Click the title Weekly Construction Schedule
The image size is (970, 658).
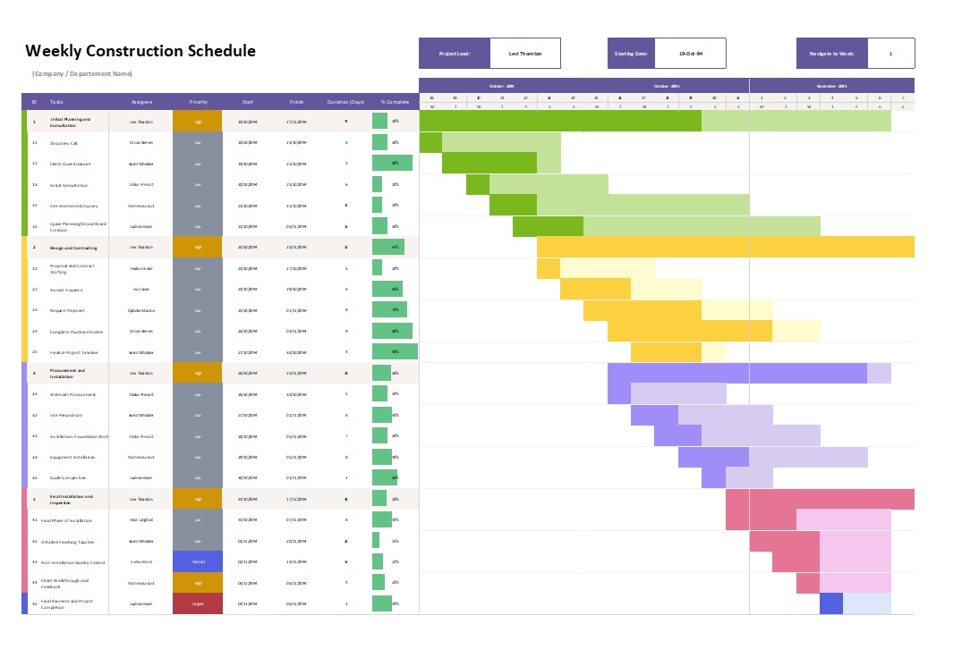140,51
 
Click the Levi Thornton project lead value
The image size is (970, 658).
525,54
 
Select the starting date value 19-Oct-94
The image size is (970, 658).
690,54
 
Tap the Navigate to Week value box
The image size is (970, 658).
890,54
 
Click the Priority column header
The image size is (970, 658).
198,102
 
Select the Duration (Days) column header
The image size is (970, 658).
345,102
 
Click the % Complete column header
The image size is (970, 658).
395,102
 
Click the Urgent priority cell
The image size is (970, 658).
198,603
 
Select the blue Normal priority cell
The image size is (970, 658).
198,562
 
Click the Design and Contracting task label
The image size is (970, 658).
73,248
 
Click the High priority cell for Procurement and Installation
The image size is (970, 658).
198,373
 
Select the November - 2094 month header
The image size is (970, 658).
831,86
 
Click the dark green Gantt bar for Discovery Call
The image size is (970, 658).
430,142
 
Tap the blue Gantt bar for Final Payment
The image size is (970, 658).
831,603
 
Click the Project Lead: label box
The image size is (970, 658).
455,54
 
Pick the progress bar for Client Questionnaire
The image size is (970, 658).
392,164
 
